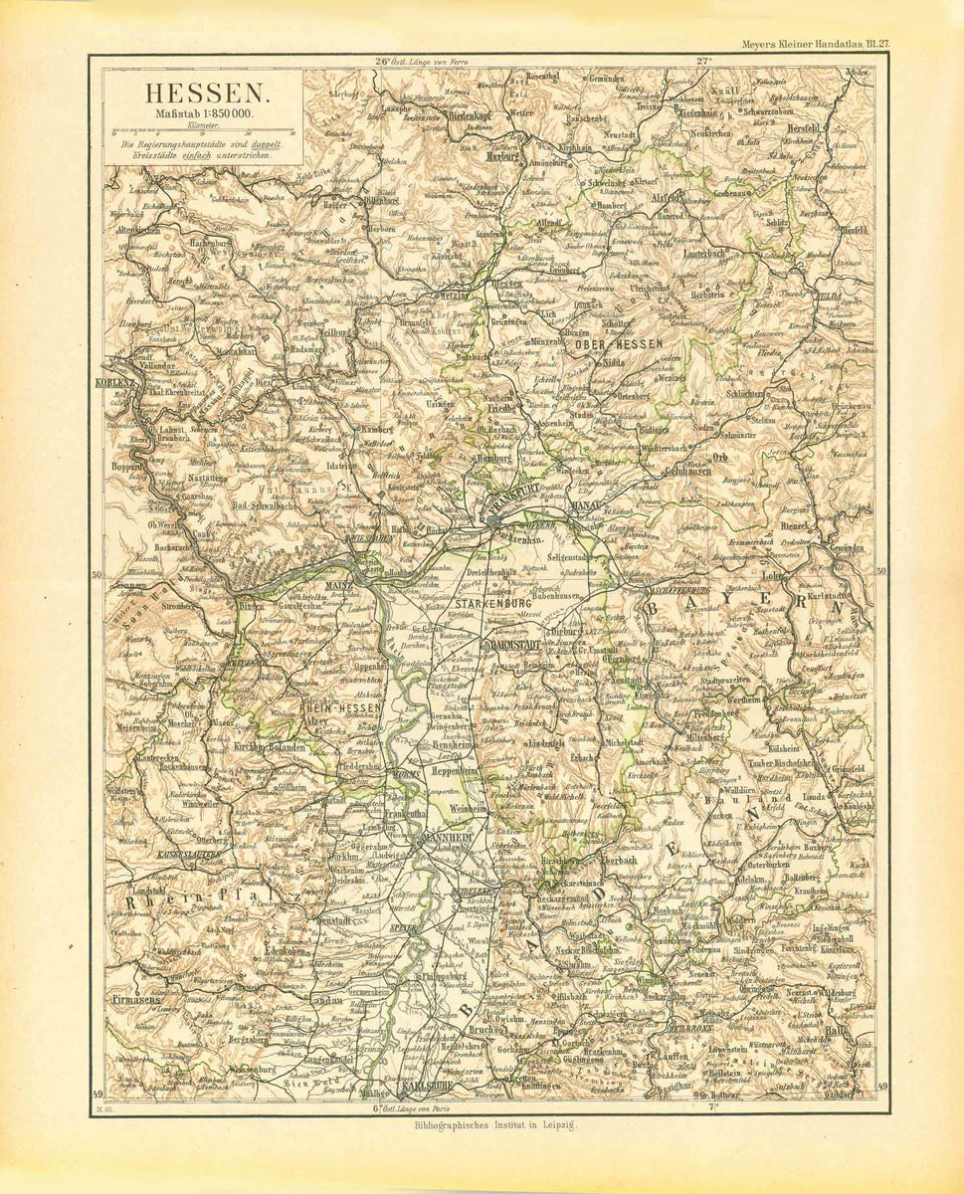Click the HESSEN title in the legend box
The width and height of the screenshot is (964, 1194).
[x=206, y=95]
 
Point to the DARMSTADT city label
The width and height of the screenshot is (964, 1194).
[x=515, y=646]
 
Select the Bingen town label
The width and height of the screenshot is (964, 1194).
[x=250, y=605]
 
